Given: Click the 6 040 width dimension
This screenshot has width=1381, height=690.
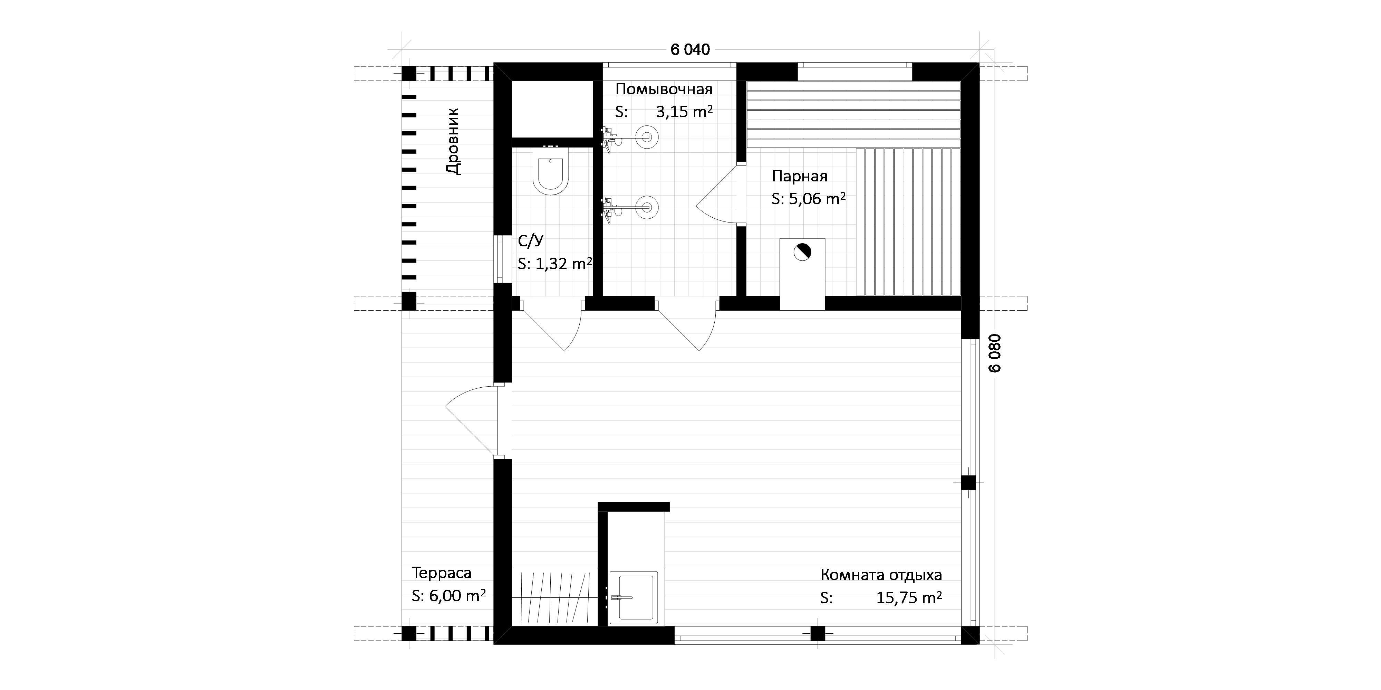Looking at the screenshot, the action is point(690,49).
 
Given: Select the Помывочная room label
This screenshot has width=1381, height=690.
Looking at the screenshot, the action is point(664,88).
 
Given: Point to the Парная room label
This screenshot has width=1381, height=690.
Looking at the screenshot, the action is point(799,176).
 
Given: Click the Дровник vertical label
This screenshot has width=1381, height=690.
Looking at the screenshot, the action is point(453,141).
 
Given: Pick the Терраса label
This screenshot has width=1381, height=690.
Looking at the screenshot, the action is point(442,573).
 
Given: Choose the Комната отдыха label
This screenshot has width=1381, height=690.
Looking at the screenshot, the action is point(881,575).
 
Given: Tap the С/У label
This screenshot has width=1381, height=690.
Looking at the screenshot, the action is point(531,242).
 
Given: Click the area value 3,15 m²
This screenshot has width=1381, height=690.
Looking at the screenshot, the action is point(684,112).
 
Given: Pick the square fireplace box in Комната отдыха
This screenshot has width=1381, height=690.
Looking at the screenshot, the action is point(634,597).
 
